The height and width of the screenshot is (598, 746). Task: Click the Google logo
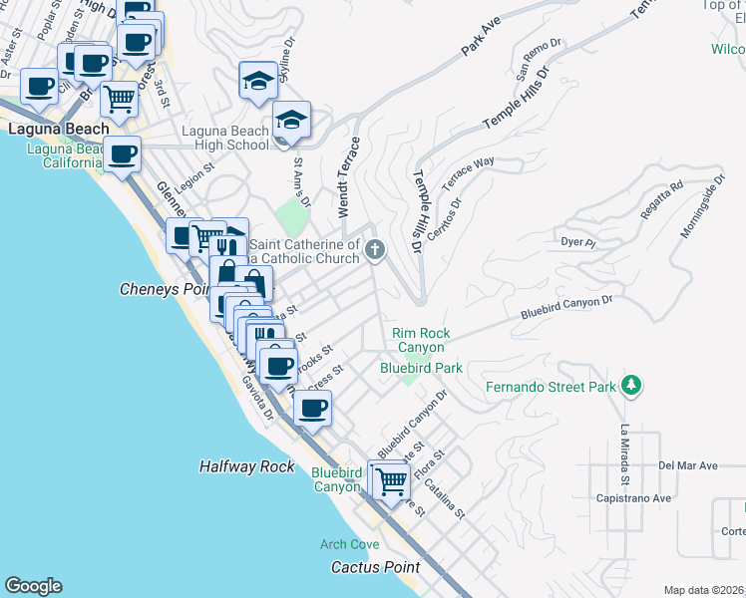[33, 586]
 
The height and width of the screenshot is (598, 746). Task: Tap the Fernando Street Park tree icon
[629, 385]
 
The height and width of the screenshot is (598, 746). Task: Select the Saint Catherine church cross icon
[375, 249]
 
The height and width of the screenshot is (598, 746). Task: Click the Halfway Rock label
[246, 466]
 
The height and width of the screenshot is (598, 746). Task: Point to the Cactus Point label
[375, 567]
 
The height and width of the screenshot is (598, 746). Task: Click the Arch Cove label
[349, 544]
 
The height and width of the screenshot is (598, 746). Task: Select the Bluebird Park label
[421, 368]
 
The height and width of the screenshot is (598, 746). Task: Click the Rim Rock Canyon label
[419, 340]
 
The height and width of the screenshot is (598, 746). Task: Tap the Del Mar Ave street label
[688, 465]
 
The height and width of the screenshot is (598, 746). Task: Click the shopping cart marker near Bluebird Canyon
[392, 479]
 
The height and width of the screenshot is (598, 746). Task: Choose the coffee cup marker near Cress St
[313, 408]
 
